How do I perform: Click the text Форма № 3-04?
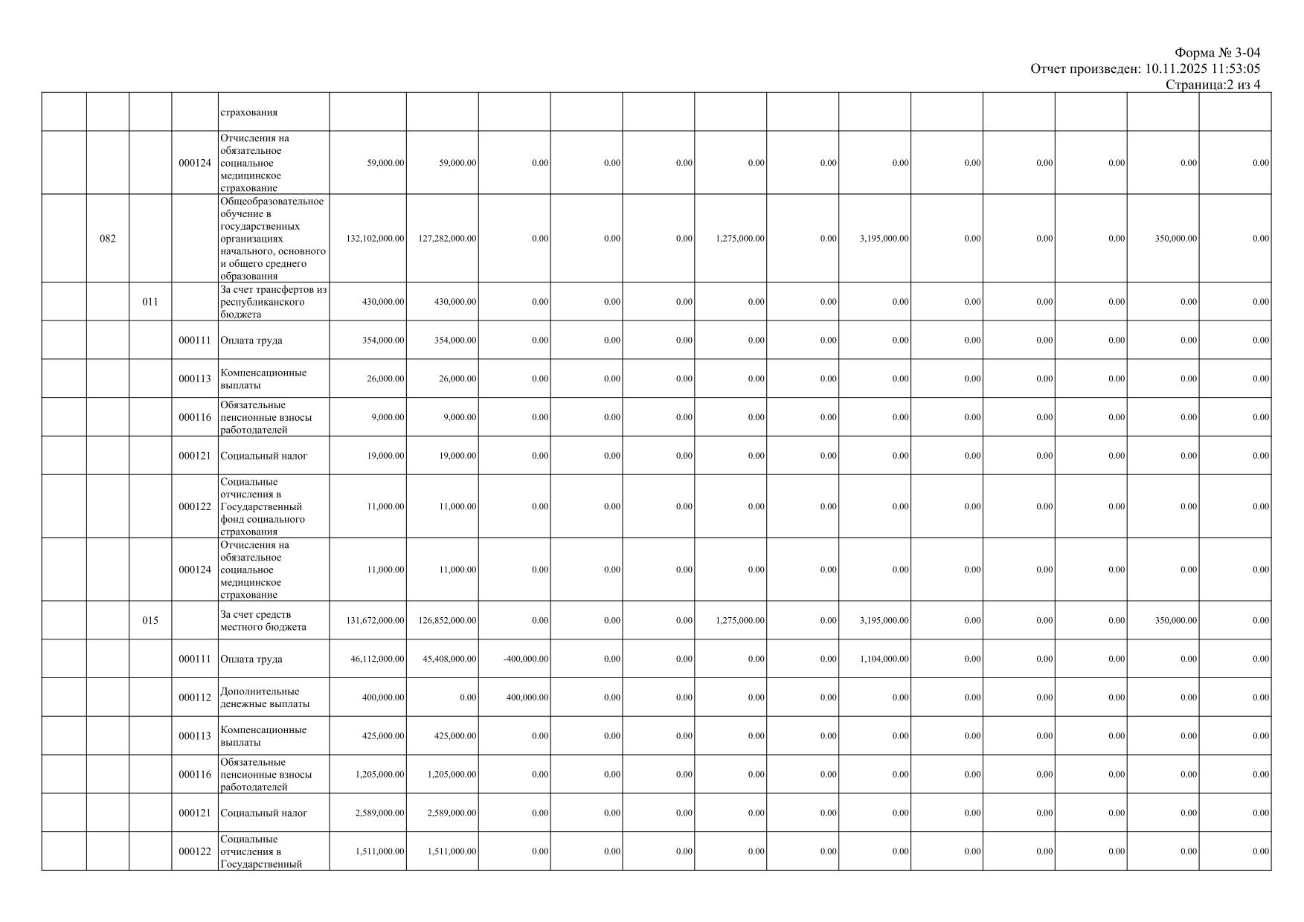click(x=1217, y=53)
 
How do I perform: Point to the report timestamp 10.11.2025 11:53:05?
click(x=1202, y=69)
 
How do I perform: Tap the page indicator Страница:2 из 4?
click(x=1213, y=85)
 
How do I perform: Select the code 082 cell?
click(x=108, y=239)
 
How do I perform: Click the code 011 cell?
click(x=150, y=302)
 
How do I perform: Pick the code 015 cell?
click(x=150, y=620)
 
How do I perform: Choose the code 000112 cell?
click(x=195, y=697)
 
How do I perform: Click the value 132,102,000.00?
click(x=376, y=239)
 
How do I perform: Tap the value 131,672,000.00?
click(x=376, y=620)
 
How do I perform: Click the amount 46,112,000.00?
click(x=378, y=659)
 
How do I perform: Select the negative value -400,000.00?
click(x=525, y=659)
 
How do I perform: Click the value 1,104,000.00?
click(x=884, y=659)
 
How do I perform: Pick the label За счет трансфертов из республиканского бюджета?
click(x=273, y=302)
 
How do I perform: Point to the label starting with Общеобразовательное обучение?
click(x=272, y=239)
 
